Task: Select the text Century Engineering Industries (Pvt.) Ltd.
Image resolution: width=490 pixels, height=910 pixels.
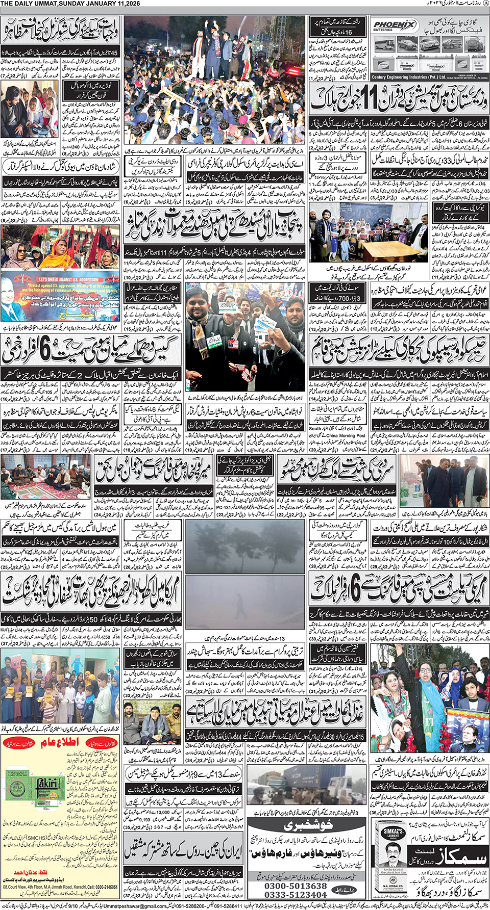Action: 405,77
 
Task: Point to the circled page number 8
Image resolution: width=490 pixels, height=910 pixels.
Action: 485,4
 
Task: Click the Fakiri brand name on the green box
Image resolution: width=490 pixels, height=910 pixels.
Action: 46,783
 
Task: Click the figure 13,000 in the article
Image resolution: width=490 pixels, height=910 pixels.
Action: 163,812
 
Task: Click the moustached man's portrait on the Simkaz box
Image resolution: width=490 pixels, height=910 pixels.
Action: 394,852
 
